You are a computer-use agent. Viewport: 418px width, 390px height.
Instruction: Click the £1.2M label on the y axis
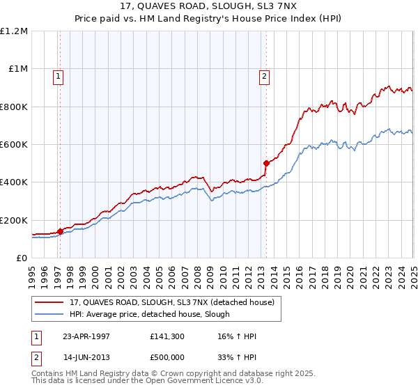point(14,31)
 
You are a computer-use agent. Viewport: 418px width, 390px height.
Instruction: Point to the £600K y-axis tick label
point(14,145)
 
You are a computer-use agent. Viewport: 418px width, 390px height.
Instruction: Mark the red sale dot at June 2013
point(266,164)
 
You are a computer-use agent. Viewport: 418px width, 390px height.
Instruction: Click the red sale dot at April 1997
point(61,231)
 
